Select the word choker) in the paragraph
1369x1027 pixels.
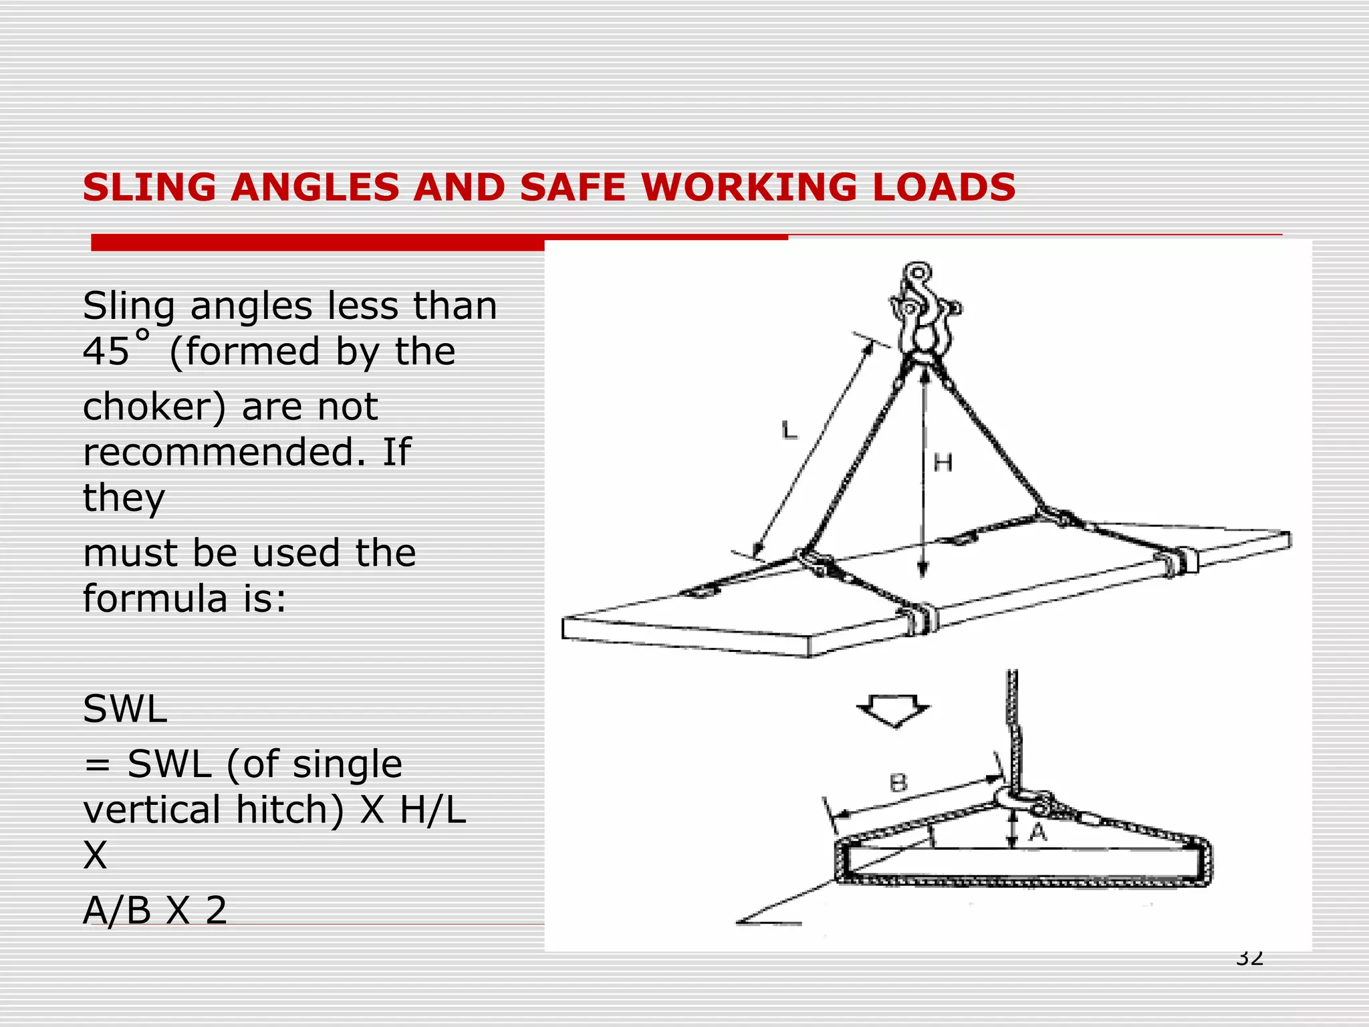(154, 407)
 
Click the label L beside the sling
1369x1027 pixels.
(789, 429)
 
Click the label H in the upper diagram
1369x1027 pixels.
(943, 463)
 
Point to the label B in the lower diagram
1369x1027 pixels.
(898, 783)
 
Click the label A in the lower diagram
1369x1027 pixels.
(1037, 832)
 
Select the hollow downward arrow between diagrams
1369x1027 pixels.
(893, 711)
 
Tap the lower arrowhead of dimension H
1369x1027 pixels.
(922, 568)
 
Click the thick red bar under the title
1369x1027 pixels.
(318, 243)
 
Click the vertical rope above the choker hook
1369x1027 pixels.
(1013, 722)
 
